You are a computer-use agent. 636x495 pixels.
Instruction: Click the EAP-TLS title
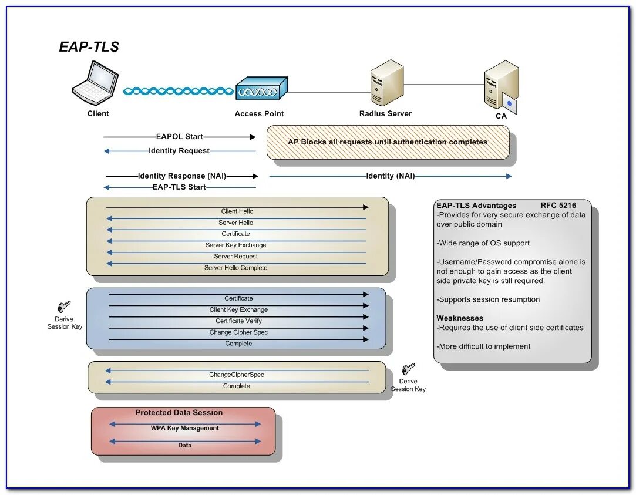(x=89, y=47)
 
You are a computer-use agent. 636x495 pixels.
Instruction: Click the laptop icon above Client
(x=96, y=83)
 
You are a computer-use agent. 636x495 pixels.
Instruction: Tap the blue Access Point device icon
(x=261, y=88)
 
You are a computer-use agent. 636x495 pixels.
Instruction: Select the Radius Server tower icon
(x=386, y=83)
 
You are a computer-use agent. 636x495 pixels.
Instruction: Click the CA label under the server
(x=501, y=116)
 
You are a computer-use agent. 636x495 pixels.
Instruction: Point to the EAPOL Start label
(x=180, y=137)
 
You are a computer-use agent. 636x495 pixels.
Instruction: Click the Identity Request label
(x=179, y=151)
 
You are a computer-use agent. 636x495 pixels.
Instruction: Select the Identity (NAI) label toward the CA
(x=391, y=176)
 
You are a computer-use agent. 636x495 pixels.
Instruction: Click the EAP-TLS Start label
(x=179, y=187)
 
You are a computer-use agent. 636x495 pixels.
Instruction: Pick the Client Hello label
(x=237, y=211)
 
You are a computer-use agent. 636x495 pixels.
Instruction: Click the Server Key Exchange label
(x=236, y=245)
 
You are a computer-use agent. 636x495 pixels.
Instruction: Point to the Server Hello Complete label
(x=236, y=268)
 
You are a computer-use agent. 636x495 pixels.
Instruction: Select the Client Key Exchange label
(x=238, y=310)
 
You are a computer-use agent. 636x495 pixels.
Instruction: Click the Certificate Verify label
(x=238, y=321)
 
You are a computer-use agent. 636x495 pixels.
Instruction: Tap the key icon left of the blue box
(x=64, y=307)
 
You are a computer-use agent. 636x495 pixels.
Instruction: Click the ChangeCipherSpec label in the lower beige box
(x=237, y=375)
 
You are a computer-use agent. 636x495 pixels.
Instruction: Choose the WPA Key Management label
(x=185, y=429)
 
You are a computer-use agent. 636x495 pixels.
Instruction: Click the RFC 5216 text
(x=558, y=206)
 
